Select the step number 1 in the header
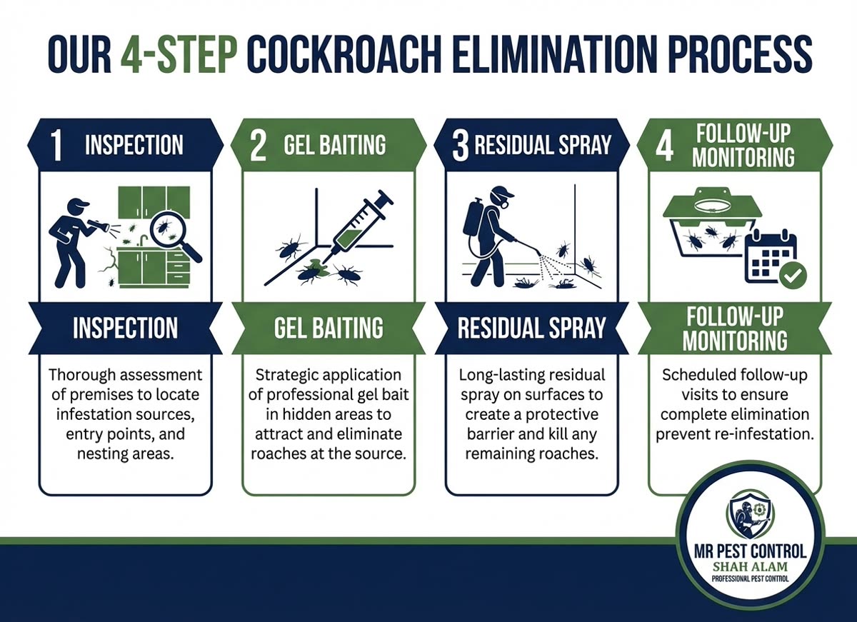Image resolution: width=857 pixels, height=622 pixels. [57, 145]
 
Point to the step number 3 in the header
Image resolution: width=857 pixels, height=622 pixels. [460, 145]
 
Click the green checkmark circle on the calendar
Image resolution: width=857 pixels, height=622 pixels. [792, 275]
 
